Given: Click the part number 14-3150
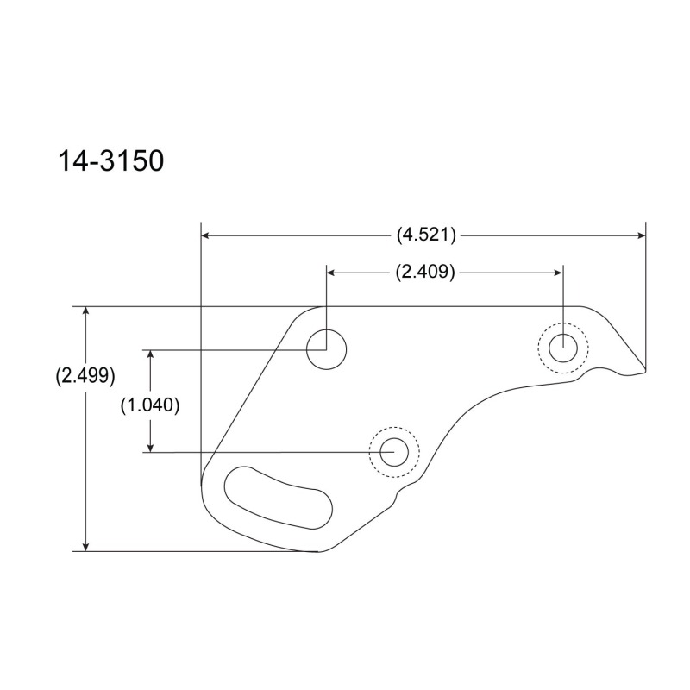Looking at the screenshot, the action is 111,160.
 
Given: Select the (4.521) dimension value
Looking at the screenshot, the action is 426,235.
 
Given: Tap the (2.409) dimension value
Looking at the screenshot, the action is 425,272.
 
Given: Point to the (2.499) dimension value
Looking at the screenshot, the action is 85,375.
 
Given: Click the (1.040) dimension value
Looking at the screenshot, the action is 150,405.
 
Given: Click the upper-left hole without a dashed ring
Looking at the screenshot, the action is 327,349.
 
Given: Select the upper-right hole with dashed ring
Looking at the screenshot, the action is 563,348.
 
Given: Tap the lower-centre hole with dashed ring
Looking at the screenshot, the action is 394,452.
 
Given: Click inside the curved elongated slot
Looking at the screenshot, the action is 278,498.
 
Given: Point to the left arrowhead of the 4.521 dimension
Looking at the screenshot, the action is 205,235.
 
